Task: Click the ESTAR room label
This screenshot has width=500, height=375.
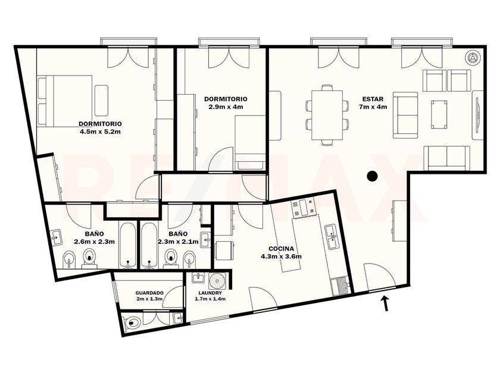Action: [x=373, y=99]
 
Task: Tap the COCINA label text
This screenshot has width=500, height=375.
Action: [x=281, y=249]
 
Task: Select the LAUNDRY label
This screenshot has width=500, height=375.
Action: [x=210, y=293]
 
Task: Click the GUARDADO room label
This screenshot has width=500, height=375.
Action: [x=149, y=293]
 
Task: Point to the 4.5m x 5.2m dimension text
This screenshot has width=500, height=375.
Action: [x=100, y=131]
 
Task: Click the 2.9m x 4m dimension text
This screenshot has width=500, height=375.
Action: [x=226, y=107]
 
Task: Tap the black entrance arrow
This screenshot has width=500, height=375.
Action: [x=386, y=303]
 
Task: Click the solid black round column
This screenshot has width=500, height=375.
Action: [x=372, y=176]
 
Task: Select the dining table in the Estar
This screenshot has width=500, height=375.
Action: [x=327, y=115]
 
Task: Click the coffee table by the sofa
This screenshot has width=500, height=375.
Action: [x=439, y=114]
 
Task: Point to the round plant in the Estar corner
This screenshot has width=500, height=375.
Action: [x=472, y=58]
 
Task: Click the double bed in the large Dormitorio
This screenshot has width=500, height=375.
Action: [x=65, y=101]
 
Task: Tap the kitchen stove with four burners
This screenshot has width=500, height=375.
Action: [x=303, y=207]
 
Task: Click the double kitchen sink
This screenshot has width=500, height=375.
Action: [x=332, y=237]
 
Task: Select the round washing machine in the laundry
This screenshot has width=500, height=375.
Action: [x=217, y=281]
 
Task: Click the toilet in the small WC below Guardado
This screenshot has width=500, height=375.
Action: [x=133, y=323]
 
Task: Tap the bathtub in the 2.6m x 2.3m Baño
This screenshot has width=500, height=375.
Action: [x=128, y=245]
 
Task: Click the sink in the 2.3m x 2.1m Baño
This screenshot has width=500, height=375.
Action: [x=206, y=240]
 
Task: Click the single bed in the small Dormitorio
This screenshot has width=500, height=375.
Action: [x=250, y=142]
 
